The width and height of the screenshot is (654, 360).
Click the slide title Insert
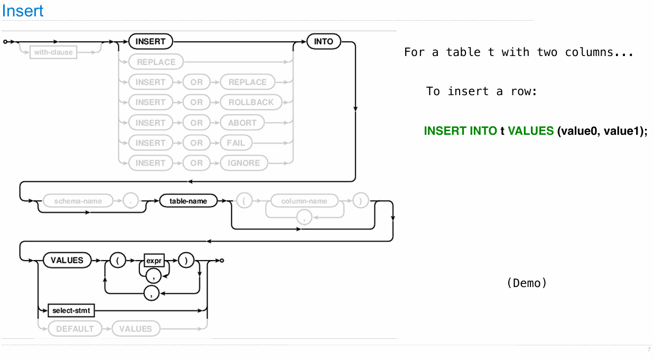coord(23,11)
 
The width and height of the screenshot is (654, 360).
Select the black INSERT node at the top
coord(151,41)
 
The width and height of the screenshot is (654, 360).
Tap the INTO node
coord(323,41)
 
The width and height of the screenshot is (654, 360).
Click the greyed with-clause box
coord(53,52)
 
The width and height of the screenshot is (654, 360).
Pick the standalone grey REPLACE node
coord(156,62)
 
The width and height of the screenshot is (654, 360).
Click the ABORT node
coord(242,123)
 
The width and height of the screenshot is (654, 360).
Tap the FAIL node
coord(236,143)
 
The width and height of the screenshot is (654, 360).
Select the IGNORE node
coord(244,163)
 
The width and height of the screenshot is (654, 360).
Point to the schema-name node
coord(78,201)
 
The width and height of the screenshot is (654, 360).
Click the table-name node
coord(188,201)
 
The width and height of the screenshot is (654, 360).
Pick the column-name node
coord(304,201)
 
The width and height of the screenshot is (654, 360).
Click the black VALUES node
coord(67,260)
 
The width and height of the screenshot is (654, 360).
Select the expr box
coord(154,261)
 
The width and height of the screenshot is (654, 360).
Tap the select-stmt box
coord(71,310)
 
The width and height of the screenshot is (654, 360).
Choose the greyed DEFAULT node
coord(75,329)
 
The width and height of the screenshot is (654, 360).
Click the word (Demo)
coord(526,283)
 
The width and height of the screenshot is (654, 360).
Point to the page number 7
coord(649,350)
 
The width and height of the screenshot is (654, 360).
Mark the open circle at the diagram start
coord(5,41)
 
